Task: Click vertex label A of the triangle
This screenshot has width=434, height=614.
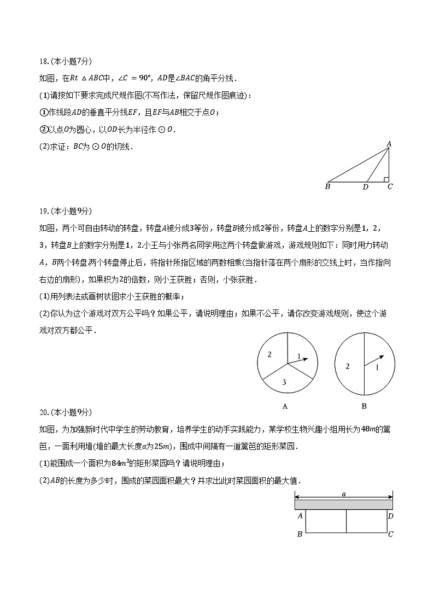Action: [389, 144]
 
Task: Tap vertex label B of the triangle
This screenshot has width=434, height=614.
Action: [327, 186]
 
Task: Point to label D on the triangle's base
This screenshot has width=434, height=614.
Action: [366, 187]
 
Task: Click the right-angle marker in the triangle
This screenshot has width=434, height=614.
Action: [386, 179]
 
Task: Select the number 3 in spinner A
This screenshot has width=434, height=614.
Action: [284, 382]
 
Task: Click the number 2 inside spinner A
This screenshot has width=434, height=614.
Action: [269, 355]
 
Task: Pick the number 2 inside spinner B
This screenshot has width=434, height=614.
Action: [348, 366]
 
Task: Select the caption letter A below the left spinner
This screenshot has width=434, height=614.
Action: [285, 406]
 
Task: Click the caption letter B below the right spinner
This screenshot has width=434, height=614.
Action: [364, 406]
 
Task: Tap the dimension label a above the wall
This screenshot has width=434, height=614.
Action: [344, 494]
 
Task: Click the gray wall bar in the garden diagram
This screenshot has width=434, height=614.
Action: [344, 504]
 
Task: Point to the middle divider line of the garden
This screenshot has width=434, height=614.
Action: [347, 521]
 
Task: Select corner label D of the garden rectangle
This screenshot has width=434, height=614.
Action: [390, 516]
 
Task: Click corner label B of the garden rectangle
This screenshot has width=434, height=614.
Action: [300, 534]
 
